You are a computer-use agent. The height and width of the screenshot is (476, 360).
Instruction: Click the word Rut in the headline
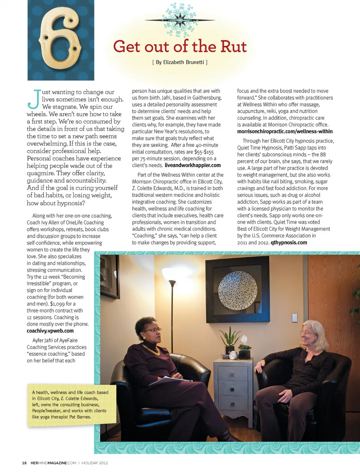[x=233, y=47]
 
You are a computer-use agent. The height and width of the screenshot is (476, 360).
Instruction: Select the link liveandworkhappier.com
[x=192, y=165]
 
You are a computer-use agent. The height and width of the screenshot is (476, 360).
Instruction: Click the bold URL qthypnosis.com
[x=289, y=242]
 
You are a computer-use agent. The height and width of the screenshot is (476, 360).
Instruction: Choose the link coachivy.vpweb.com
[x=50, y=331]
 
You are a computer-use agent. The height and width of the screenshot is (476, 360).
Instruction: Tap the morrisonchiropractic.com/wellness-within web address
[x=285, y=132]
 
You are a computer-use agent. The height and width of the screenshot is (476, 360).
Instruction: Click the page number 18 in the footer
[x=24, y=463]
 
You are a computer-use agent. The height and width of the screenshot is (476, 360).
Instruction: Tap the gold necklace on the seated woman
[x=152, y=350]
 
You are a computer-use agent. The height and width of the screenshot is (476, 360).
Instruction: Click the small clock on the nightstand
[x=232, y=355]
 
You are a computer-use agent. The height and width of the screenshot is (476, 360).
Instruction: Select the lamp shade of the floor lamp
[x=172, y=284]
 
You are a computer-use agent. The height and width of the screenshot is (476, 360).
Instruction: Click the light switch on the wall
[x=294, y=317]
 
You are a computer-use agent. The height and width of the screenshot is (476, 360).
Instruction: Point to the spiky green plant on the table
[x=229, y=337]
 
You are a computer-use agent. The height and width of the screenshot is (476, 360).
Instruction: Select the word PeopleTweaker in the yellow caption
[x=46, y=411]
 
